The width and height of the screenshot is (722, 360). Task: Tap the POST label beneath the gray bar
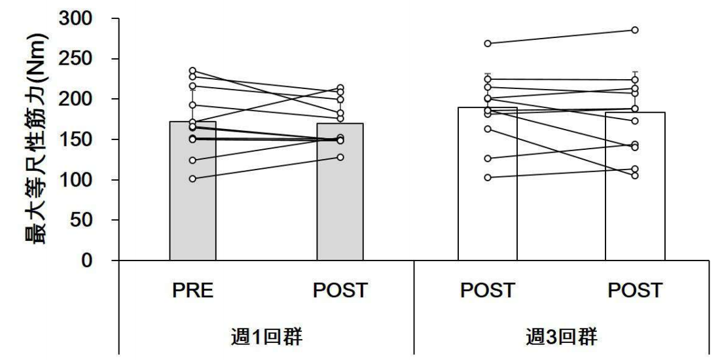click(x=340, y=290)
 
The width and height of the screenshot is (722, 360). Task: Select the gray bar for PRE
click(x=192, y=196)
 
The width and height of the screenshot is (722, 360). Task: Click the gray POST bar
click(x=340, y=196)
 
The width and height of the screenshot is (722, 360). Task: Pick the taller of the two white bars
click(x=487, y=196)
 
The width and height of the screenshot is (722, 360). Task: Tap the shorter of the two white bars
click(x=635, y=196)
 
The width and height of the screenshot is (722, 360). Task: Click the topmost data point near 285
click(x=635, y=30)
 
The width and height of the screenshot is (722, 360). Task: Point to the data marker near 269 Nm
click(x=487, y=43)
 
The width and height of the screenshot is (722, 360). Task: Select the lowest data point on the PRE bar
click(x=192, y=178)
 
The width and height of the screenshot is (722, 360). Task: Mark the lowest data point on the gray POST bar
click(x=340, y=157)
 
